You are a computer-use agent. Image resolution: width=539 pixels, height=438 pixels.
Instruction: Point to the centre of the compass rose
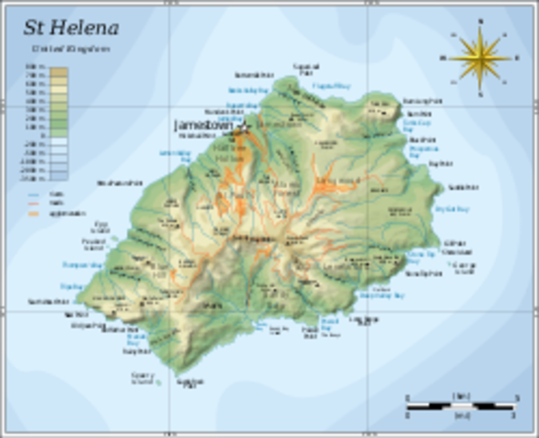[480, 57]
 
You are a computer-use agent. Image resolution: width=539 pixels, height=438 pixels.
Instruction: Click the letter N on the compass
[480, 19]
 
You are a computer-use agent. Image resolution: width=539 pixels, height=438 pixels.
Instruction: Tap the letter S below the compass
[480, 95]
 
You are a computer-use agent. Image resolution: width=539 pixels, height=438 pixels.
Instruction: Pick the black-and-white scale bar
[461, 402]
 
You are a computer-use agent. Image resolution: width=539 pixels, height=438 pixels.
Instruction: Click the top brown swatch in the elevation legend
[59, 70]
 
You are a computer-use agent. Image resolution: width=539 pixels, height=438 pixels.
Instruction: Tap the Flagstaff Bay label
[331, 86]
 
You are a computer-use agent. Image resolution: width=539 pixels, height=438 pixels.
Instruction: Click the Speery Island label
[142, 376]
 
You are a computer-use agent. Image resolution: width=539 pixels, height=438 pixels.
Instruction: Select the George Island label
[464, 267]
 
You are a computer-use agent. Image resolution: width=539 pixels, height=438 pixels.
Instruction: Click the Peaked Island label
[95, 245]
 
